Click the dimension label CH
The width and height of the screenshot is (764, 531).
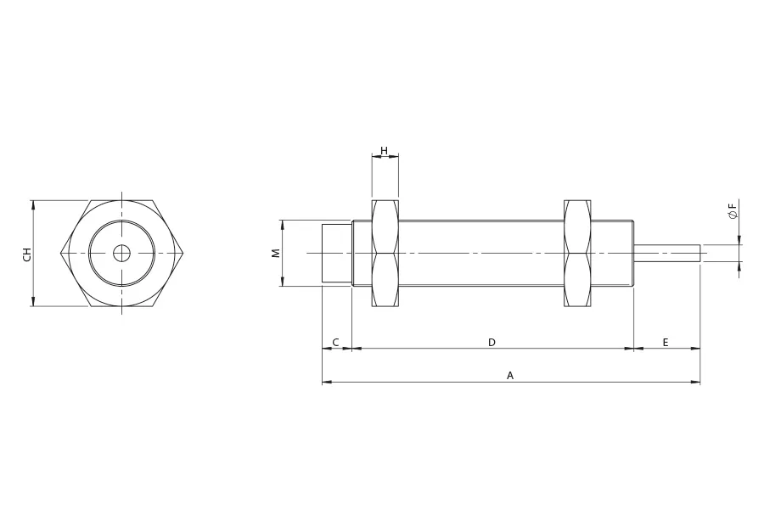tap(27, 254)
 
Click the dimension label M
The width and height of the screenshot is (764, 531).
tap(276, 253)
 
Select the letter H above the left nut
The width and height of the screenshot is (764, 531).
tap(385, 151)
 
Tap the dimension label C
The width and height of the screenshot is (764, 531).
tap(335, 343)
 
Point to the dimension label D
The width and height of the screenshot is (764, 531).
tap(492, 343)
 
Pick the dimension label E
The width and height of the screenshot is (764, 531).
tap(666, 343)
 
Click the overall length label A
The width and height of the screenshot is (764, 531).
tap(510, 376)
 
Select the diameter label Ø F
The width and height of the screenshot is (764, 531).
tap(733, 211)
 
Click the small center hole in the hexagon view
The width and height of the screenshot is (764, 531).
tap(121, 253)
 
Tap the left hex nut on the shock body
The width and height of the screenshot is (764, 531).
tap(385, 253)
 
